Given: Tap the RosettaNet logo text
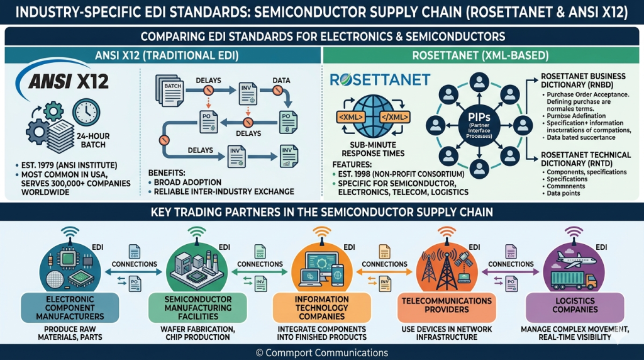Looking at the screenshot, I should [x=380, y=79].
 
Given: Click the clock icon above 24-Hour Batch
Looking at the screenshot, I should [x=86, y=112].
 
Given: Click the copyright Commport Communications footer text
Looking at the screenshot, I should [x=321, y=352].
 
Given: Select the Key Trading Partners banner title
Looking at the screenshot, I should [x=321, y=212].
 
